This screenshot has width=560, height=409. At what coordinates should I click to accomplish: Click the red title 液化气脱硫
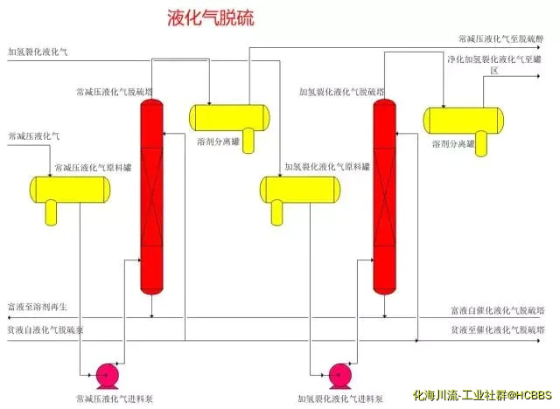pyautogui.click(x=210, y=19)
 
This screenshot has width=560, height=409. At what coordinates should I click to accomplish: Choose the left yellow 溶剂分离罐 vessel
pyautogui.click(x=229, y=115)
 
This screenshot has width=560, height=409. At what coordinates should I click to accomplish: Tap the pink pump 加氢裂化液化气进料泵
pyautogui.click(x=337, y=374)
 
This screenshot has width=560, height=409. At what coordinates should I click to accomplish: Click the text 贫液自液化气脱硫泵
pyautogui.click(x=45, y=330)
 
